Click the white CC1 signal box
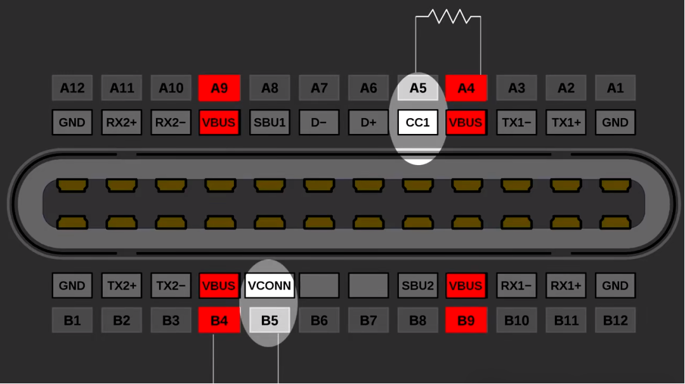coord(417,122)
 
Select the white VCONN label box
coord(270,286)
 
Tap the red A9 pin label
coord(219,88)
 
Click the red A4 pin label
coord(466,88)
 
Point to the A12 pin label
coord(72,88)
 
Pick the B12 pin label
coord(615,320)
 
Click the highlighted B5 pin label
coord(270,320)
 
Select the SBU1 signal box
coord(270,122)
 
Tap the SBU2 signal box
coord(417,286)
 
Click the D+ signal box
coord(369,122)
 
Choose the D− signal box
coord(319,122)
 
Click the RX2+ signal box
coord(121,122)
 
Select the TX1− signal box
coord(516,122)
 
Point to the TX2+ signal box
coord(121,286)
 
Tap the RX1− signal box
coord(516,286)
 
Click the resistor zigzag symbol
coord(448,17)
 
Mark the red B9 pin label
coord(466,320)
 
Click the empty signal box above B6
coord(319,286)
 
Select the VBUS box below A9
coord(219,122)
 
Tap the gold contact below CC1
coord(417,185)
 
